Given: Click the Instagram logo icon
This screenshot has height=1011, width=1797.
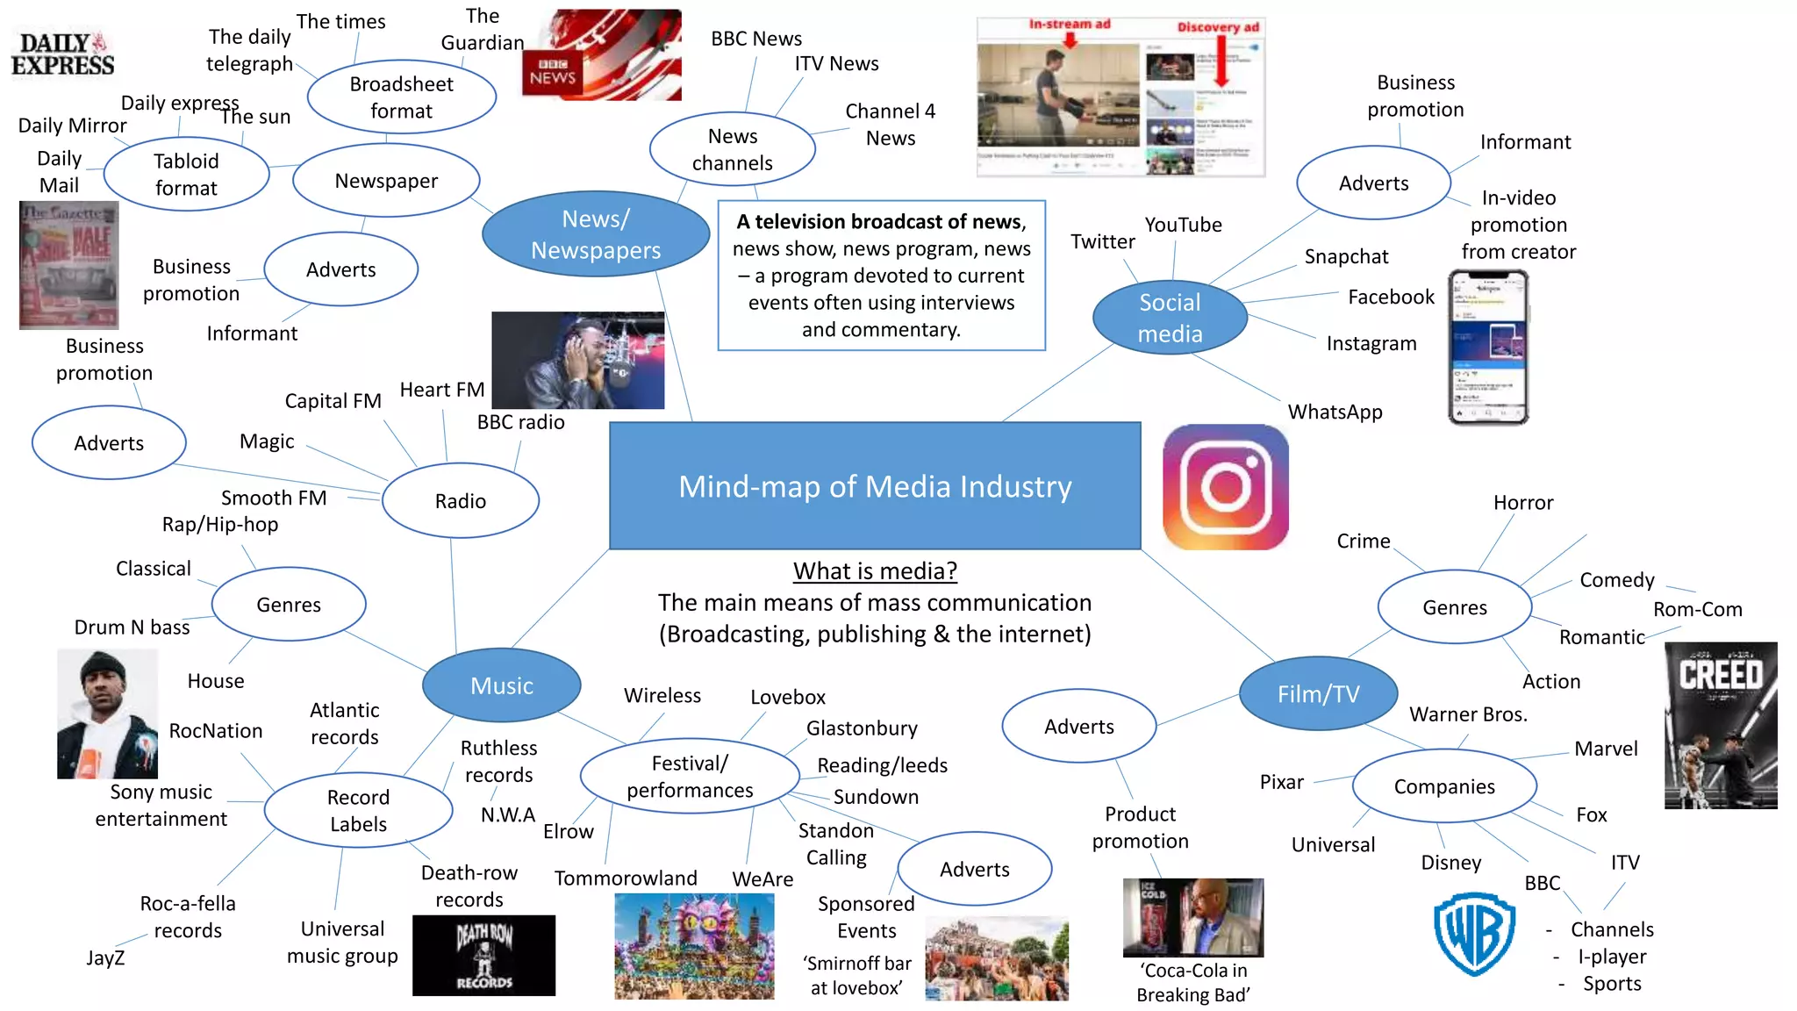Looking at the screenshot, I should tap(1225, 487).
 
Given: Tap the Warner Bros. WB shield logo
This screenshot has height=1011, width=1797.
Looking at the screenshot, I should tap(1474, 934).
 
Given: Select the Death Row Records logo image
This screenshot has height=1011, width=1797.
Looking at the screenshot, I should tap(483, 956).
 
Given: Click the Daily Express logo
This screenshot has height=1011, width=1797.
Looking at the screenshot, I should tap(62, 54).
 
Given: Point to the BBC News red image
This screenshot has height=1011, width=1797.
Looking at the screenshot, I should tap(602, 55).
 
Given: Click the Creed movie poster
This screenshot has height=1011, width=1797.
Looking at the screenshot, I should tap(1720, 725).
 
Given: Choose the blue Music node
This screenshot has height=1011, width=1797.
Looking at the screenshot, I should tap(501, 685).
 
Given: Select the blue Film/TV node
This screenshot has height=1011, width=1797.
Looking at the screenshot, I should tap(1318, 693).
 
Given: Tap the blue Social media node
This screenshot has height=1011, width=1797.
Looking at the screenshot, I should tap(1170, 318).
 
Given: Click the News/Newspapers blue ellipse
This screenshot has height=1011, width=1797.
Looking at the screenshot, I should tap(596, 234).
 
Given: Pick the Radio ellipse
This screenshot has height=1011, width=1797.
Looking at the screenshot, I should tap(460, 500).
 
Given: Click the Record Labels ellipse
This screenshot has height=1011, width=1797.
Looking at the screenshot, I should tap(358, 810).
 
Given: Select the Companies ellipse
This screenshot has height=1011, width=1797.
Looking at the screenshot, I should tap(1444, 786).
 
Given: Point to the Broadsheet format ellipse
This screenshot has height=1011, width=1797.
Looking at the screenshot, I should tap(401, 97).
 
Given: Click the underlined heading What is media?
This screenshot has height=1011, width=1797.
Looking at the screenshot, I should tap(875, 571).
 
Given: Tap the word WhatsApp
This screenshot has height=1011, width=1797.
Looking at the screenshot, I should tap(1335, 412).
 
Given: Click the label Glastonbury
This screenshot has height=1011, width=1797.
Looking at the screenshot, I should tap(862, 728).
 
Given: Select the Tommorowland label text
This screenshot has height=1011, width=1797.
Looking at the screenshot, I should tap(626, 878).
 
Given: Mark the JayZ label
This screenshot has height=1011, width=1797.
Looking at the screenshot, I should tap(105, 957).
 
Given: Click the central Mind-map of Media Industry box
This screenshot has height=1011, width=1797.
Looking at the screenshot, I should tap(875, 486).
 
